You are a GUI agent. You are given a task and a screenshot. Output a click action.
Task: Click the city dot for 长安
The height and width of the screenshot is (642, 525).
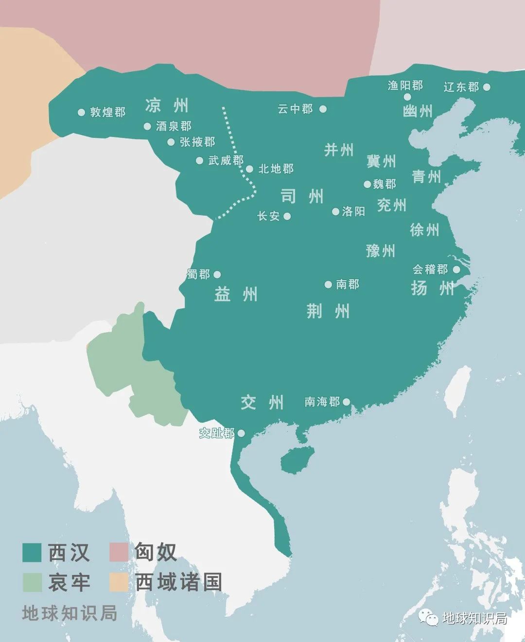point(287,216)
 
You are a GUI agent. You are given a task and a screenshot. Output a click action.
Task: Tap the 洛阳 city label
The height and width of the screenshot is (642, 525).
point(353,211)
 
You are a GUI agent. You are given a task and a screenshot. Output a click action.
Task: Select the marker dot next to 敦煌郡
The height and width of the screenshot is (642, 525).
point(81,112)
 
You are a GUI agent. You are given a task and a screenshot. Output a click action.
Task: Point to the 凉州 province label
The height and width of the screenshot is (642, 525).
point(167,105)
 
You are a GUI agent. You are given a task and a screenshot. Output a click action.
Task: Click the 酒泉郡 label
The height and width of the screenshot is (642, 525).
point(174,126)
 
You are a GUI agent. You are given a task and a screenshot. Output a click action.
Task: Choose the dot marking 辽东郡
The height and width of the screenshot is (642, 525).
point(487,87)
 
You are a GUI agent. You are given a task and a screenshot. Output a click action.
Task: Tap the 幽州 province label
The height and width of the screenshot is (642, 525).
point(418,111)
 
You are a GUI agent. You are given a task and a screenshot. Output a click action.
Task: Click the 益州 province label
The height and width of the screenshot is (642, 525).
point(236,294)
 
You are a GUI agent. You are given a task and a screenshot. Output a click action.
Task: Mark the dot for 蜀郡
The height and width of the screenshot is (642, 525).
point(217,274)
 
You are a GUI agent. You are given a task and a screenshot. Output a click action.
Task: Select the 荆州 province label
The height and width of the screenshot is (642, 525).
point(328,311)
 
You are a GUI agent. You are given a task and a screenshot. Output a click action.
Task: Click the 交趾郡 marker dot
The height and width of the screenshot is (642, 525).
point(241,433)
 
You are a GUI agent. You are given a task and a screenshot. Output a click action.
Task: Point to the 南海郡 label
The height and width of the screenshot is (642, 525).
point(322,402)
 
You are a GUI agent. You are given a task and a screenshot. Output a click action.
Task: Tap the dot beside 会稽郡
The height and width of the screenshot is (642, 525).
point(456,269)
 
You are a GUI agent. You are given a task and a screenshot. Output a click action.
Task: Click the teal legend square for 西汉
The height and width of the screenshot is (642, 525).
point(32,552)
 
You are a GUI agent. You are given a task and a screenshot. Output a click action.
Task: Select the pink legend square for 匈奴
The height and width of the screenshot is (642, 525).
point(119,552)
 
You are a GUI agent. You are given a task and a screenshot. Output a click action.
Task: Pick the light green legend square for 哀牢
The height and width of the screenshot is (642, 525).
point(32,582)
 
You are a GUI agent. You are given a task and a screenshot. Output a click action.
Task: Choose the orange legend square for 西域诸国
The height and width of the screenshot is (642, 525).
point(119,582)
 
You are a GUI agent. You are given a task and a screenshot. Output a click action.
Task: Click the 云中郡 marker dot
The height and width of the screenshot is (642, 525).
point(323,109)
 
